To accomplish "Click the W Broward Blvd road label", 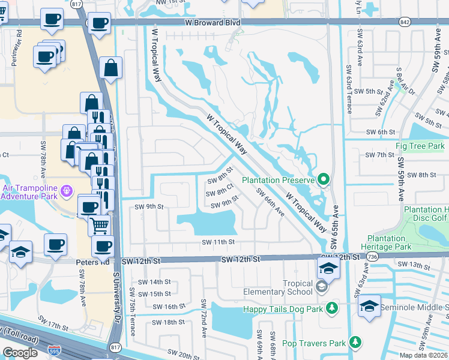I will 212,23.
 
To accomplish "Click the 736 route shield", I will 373,257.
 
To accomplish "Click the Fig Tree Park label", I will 420,146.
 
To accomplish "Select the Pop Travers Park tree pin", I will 356,342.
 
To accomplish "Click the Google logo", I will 20,353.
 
